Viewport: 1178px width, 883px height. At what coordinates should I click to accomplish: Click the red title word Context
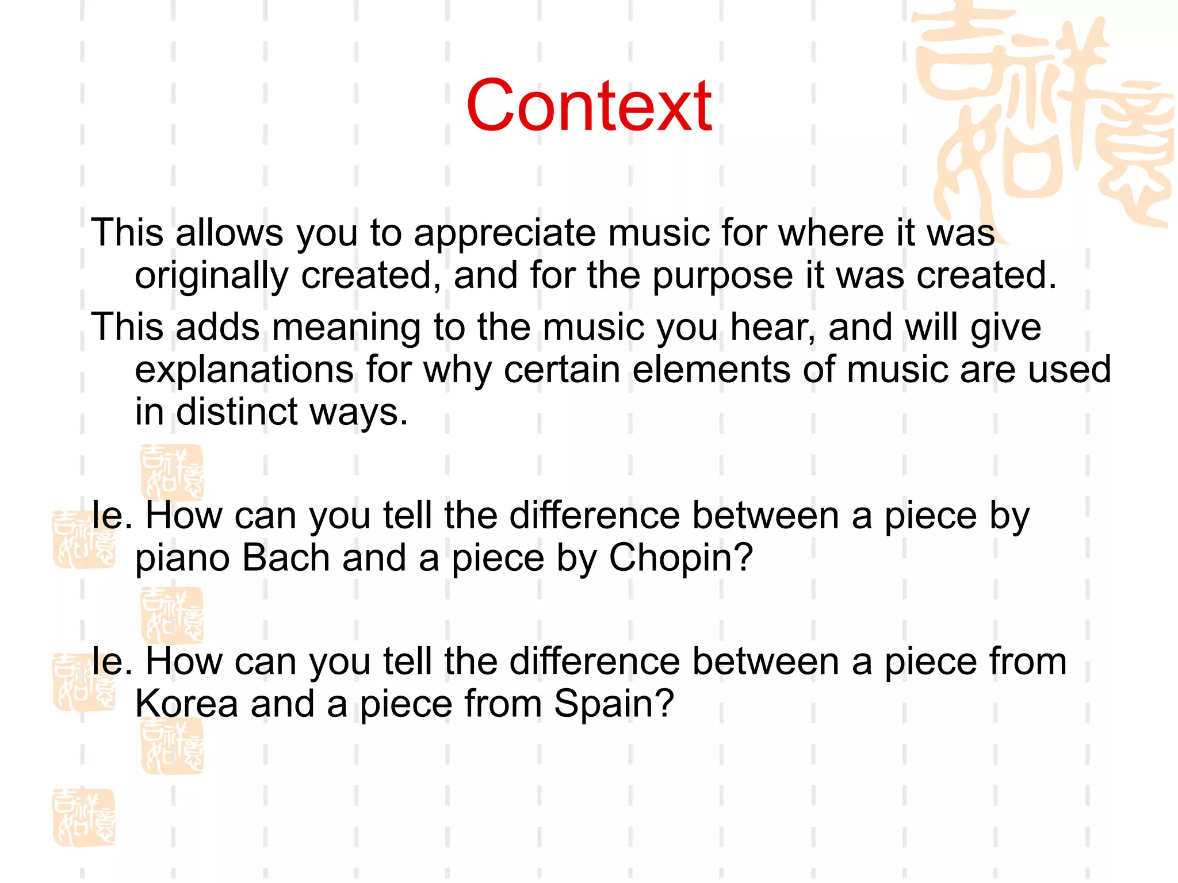pyautogui.click(x=589, y=106)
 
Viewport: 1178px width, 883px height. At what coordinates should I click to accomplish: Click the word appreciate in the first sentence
pyautogui.click(x=504, y=233)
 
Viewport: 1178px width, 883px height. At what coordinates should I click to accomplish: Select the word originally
pyautogui.click(x=211, y=276)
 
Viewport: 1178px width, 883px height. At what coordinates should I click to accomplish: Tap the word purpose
pyautogui.click(x=722, y=276)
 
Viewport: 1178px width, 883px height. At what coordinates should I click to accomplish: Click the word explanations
pyautogui.click(x=244, y=370)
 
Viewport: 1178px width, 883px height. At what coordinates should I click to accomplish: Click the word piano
pyautogui.click(x=182, y=559)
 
